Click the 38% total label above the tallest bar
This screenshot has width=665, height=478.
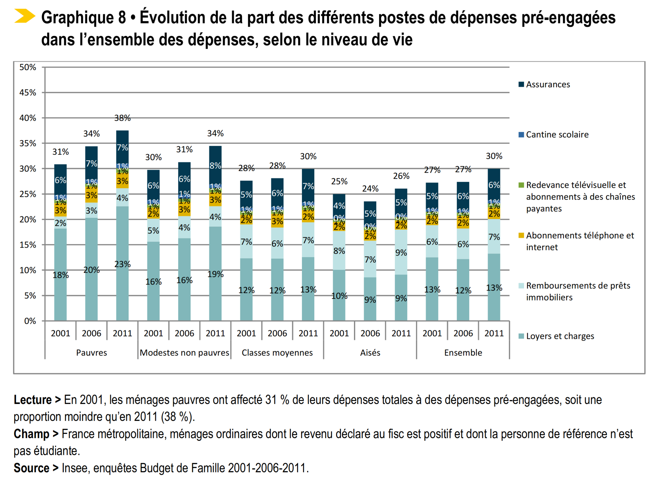coord(122,118)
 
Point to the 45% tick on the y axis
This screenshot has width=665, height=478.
coord(28,93)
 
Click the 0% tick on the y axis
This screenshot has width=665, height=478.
coord(30,321)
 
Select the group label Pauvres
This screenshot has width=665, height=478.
coord(91,353)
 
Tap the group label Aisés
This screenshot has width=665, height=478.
coord(370,353)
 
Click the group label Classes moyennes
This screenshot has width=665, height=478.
coord(277,353)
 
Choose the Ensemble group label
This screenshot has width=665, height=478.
coord(463,353)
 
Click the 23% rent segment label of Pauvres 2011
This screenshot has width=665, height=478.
coord(122,265)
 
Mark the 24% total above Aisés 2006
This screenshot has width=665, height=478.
coord(370,189)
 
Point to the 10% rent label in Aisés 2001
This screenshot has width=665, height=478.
coord(339,296)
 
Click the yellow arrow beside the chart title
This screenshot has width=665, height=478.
coord(25,16)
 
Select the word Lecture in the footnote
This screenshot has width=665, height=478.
coord(33,400)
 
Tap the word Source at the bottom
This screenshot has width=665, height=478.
coord(31,468)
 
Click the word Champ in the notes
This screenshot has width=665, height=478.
coord(31,434)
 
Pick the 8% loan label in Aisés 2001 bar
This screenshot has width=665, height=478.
coord(339,251)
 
